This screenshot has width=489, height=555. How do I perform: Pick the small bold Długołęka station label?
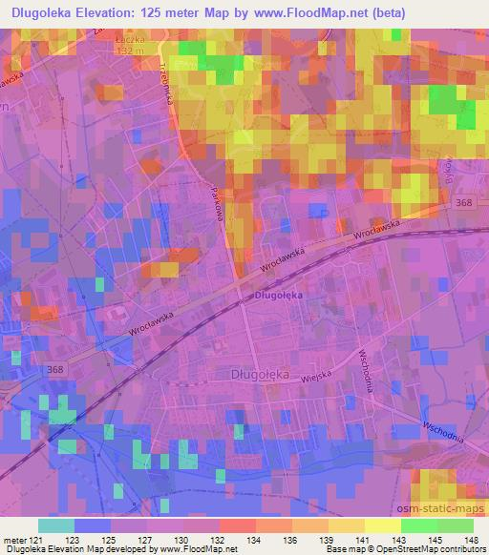pyautogui.click(x=278, y=296)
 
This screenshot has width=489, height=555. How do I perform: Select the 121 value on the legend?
pyautogui.click(x=39, y=540)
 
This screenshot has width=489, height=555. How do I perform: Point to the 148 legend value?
pyautogui.click(x=469, y=540)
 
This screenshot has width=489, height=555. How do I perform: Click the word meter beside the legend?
pyautogui.click(x=15, y=540)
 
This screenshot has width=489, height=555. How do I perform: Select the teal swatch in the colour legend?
pyautogui.click(x=56, y=525)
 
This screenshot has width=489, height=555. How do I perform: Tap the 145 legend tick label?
pyautogui.click(x=432, y=540)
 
